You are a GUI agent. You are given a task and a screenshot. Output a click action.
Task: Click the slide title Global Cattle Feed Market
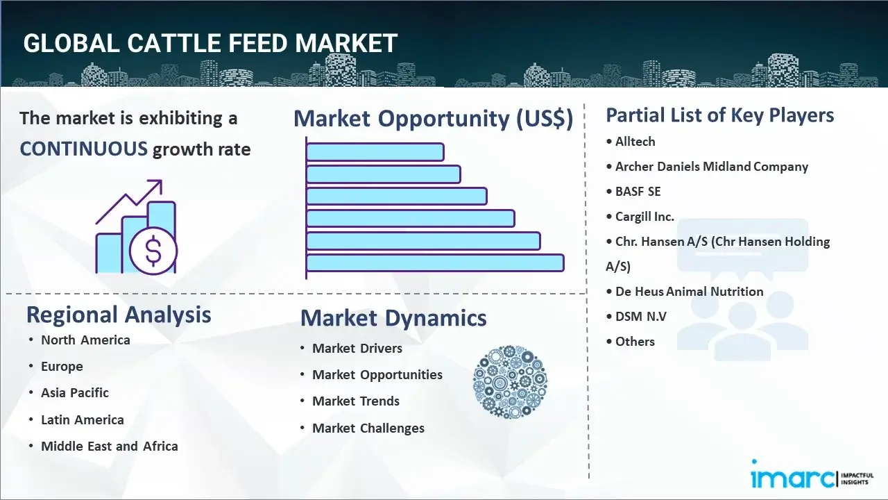(210, 43)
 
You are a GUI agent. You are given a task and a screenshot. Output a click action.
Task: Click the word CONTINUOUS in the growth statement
(83, 149)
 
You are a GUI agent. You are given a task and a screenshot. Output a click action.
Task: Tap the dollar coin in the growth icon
(153, 251)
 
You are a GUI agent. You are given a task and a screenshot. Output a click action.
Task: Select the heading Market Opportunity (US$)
(433, 119)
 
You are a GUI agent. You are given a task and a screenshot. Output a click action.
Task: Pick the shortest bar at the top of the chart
(375, 151)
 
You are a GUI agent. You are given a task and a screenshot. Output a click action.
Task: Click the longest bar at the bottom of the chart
(435, 262)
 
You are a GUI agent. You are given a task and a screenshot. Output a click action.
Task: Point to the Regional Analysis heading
(119, 315)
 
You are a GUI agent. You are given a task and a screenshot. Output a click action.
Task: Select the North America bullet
(85, 340)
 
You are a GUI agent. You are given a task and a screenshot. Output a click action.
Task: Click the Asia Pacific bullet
(75, 392)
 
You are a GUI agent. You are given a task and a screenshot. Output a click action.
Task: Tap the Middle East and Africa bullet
(109, 446)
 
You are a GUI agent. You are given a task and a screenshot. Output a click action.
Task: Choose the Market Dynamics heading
(393, 318)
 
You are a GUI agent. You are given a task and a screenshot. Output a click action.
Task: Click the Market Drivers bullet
(357, 348)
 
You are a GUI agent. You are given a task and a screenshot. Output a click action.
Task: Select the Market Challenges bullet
(368, 428)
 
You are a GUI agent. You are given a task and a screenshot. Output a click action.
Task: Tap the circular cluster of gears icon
(510, 382)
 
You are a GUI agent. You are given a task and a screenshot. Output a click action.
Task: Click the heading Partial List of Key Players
(719, 115)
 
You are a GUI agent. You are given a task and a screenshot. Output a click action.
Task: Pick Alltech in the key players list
(635, 141)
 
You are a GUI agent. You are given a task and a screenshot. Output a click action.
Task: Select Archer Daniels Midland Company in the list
(711, 167)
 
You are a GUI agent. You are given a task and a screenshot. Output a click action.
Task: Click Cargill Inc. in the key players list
(644, 216)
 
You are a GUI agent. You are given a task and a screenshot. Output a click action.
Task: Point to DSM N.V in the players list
(640, 316)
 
